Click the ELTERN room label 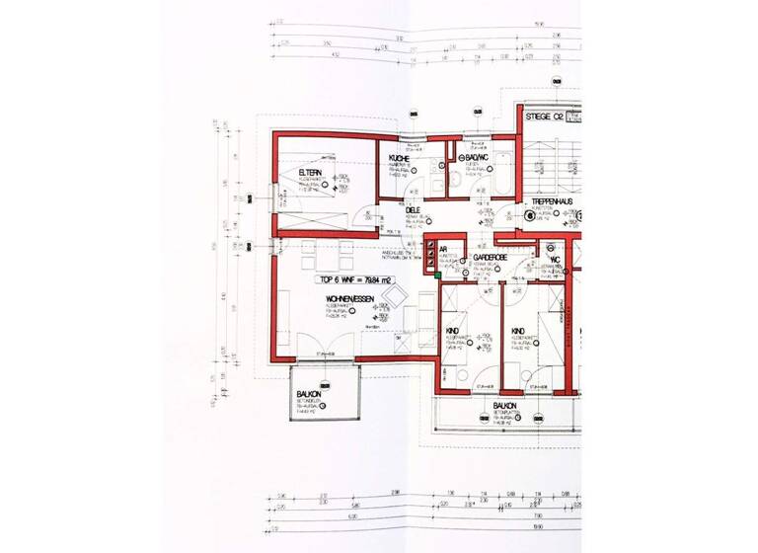(312, 173)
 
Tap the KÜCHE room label (399, 158)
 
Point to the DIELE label (413, 208)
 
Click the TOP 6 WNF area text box (354, 279)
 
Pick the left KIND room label (453, 331)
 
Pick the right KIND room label (517, 331)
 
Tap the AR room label (443, 249)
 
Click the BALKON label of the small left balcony (310, 394)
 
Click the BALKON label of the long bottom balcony (505, 405)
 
